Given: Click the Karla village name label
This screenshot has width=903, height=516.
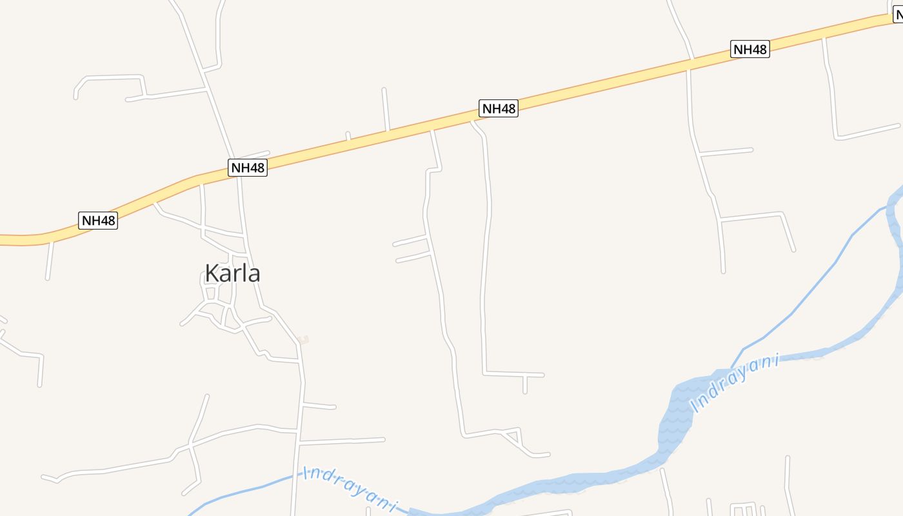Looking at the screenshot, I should click(x=232, y=273).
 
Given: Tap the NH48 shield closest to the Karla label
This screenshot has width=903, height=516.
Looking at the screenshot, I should click(x=248, y=168).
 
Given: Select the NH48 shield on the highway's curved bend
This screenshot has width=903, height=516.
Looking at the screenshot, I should click(x=98, y=221).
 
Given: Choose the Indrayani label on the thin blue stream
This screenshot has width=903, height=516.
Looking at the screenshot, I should click(x=350, y=488).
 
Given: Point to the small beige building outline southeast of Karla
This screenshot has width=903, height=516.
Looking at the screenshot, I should click(x=304, y=339).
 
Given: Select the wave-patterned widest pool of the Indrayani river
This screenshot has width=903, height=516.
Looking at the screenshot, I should click(x=675, y=413).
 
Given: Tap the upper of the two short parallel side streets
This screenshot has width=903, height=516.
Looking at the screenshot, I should click(x=410, y=241).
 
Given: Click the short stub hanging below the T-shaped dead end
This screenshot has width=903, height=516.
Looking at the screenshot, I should click(x=525, y=384).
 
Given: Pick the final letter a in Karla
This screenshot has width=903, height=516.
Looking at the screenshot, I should click(x=253, y=274).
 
